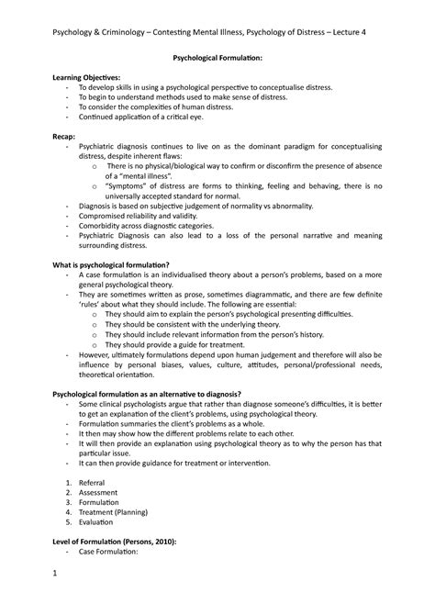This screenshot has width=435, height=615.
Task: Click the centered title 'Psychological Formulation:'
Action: (217, 58)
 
